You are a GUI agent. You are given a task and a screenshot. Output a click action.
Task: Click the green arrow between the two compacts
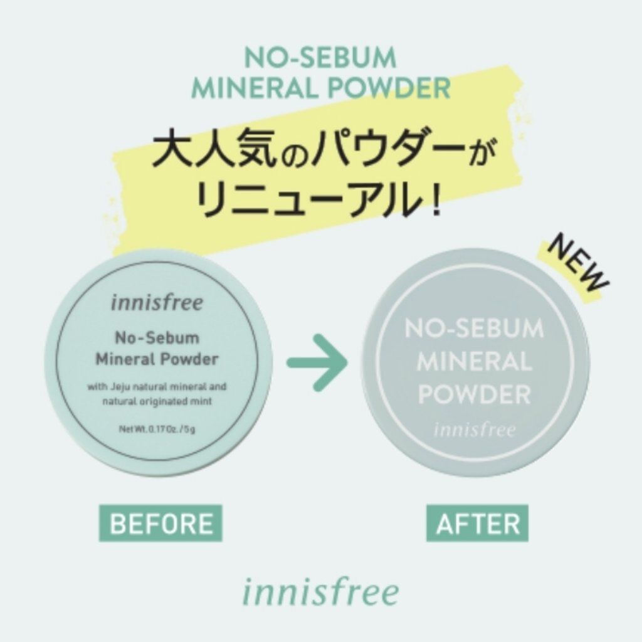(318, 362)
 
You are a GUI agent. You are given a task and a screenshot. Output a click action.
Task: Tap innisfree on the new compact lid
(475, 429)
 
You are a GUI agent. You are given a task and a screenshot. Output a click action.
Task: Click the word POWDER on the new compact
(475, 395)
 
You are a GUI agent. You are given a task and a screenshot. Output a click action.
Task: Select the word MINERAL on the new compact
(475, 362)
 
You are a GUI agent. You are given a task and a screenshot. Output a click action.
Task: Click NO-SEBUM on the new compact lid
(475, 329)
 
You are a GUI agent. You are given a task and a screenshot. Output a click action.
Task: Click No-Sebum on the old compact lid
(157, 338)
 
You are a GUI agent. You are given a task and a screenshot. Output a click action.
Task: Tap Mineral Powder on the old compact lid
(157, 359)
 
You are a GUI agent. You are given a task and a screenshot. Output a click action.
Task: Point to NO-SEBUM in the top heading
(320, 58)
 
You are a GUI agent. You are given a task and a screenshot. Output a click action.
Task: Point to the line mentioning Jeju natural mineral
(157, 387)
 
